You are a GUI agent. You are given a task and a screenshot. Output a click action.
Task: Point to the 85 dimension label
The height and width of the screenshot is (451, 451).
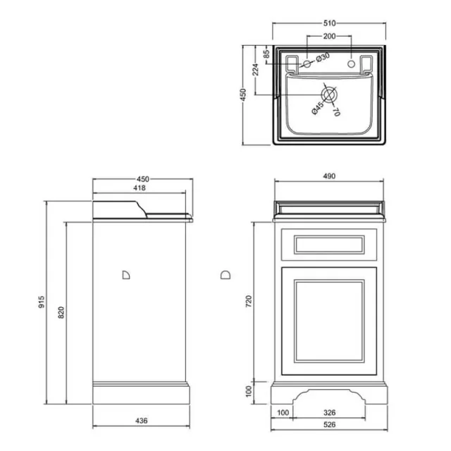point(267,54)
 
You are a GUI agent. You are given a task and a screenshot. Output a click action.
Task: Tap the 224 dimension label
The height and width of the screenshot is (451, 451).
point(255,69)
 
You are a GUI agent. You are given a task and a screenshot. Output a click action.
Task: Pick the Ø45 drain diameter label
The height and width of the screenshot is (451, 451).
point(317,106)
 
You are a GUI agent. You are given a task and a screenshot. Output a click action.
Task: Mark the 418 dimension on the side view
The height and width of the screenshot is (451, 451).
point(141,188)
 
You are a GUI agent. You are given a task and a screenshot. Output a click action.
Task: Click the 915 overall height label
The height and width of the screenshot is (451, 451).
point(42,303)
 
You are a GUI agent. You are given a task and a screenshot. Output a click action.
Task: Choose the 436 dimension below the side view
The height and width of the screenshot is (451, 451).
point(141,421)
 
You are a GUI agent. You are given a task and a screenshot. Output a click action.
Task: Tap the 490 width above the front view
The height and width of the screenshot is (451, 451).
point(330,176)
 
